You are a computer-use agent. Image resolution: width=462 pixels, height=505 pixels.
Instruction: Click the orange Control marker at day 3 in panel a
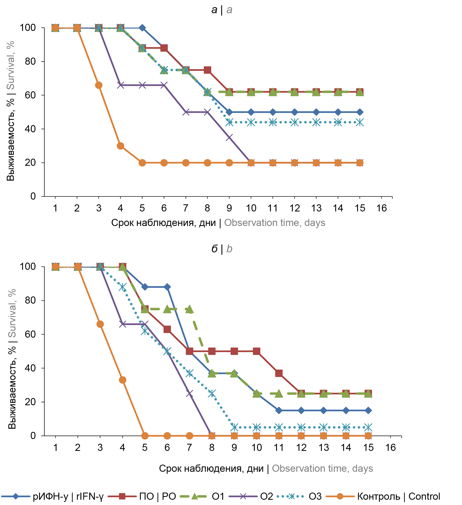(98, 85)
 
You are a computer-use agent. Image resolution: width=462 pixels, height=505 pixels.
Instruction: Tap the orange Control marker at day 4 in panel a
(120, 146)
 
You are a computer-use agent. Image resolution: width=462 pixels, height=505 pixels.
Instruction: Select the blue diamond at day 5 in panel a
(142, 28)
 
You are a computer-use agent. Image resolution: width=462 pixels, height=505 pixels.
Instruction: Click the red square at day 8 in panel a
(208, 70)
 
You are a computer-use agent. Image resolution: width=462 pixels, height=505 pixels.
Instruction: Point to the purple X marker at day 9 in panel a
(229, 137)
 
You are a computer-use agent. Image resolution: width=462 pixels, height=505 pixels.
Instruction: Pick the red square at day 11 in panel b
(279, 373)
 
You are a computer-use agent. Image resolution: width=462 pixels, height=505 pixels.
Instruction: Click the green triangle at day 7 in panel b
(190, 309)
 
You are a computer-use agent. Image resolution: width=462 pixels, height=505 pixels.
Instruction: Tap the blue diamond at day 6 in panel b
(167, 287)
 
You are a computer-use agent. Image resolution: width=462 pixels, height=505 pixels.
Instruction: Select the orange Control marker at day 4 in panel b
(122, 380)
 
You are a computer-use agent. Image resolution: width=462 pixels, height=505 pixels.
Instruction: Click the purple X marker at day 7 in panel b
(190, 393)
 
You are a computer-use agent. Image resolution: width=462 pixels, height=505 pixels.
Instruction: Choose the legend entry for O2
(266, 496)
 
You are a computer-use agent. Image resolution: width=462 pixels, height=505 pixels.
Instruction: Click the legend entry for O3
(315, 496)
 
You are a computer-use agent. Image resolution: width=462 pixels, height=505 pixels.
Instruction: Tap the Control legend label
(398, 496)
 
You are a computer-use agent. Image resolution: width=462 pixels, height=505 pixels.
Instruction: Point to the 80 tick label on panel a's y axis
(30, 62)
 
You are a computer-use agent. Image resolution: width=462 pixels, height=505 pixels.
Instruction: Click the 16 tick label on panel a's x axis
(381, 208)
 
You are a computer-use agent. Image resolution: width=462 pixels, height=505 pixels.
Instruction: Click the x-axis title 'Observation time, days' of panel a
(275, 223)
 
